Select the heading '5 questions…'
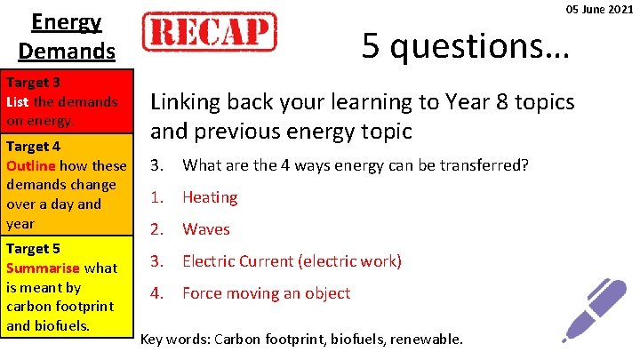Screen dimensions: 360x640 coord(465,44)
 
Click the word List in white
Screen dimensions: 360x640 coord(18,101)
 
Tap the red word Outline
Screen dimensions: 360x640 coord(30,165)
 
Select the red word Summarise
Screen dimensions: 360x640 coord(44,268)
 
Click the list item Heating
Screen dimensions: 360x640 coord(210,197)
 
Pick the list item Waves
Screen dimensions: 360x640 coord(206,229)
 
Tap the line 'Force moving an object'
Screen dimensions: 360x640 coord(266,293)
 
